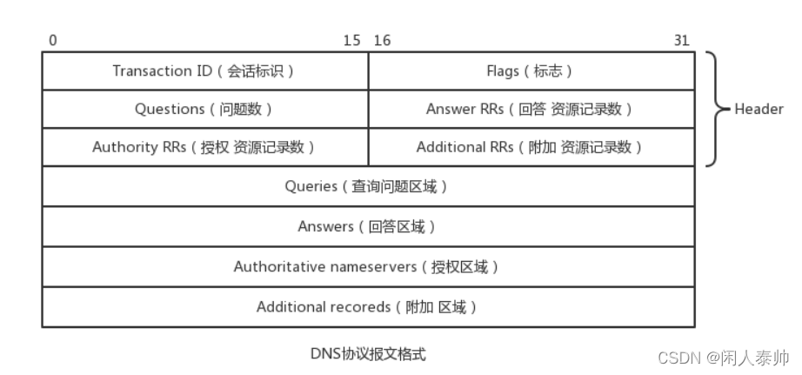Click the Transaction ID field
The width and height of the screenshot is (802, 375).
(204, 70)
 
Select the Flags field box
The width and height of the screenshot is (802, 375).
(531, 70)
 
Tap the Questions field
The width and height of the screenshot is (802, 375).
(204, 110)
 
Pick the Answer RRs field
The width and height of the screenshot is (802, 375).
(531, 110)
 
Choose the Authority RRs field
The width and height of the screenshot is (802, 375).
(204, 147)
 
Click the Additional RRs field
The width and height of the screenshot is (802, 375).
(531, 147)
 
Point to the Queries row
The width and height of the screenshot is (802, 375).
(368, 186)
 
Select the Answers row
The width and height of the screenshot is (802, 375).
(368, 226)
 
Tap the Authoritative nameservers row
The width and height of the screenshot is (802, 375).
(368, 267)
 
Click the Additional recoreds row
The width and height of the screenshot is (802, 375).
(368, 307)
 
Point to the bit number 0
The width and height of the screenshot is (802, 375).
(53, 40)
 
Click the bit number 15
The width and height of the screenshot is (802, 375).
(352, 40)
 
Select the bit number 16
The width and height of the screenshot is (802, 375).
(382, 40)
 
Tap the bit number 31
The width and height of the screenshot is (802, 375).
(682, 40)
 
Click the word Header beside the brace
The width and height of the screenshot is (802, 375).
(759, 110)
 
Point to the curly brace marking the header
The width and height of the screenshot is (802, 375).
(715, 110)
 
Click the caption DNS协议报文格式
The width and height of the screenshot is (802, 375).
(368, 353)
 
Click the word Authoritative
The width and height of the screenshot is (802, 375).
(278, 267)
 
